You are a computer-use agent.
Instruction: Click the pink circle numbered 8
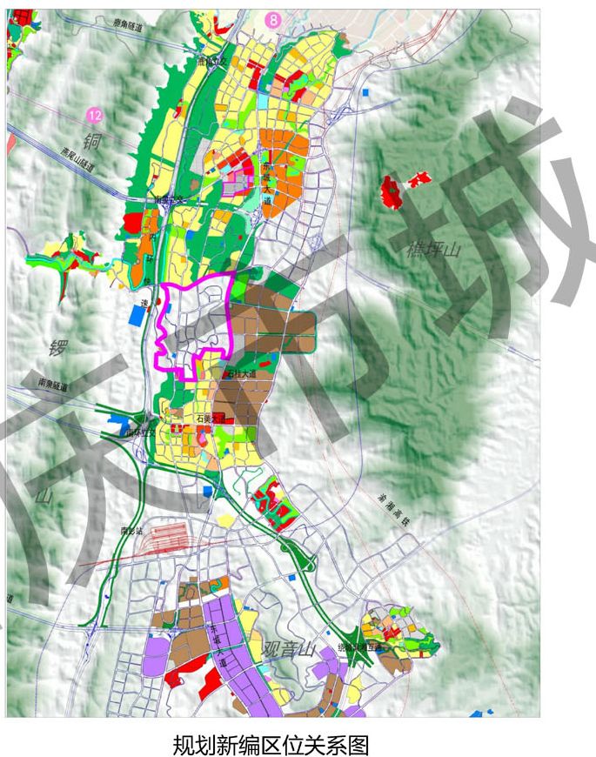[275, 17]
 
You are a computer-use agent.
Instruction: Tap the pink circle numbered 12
[95, 115]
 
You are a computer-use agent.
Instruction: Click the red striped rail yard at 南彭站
[166, 537]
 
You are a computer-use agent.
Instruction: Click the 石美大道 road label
[212, 418]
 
